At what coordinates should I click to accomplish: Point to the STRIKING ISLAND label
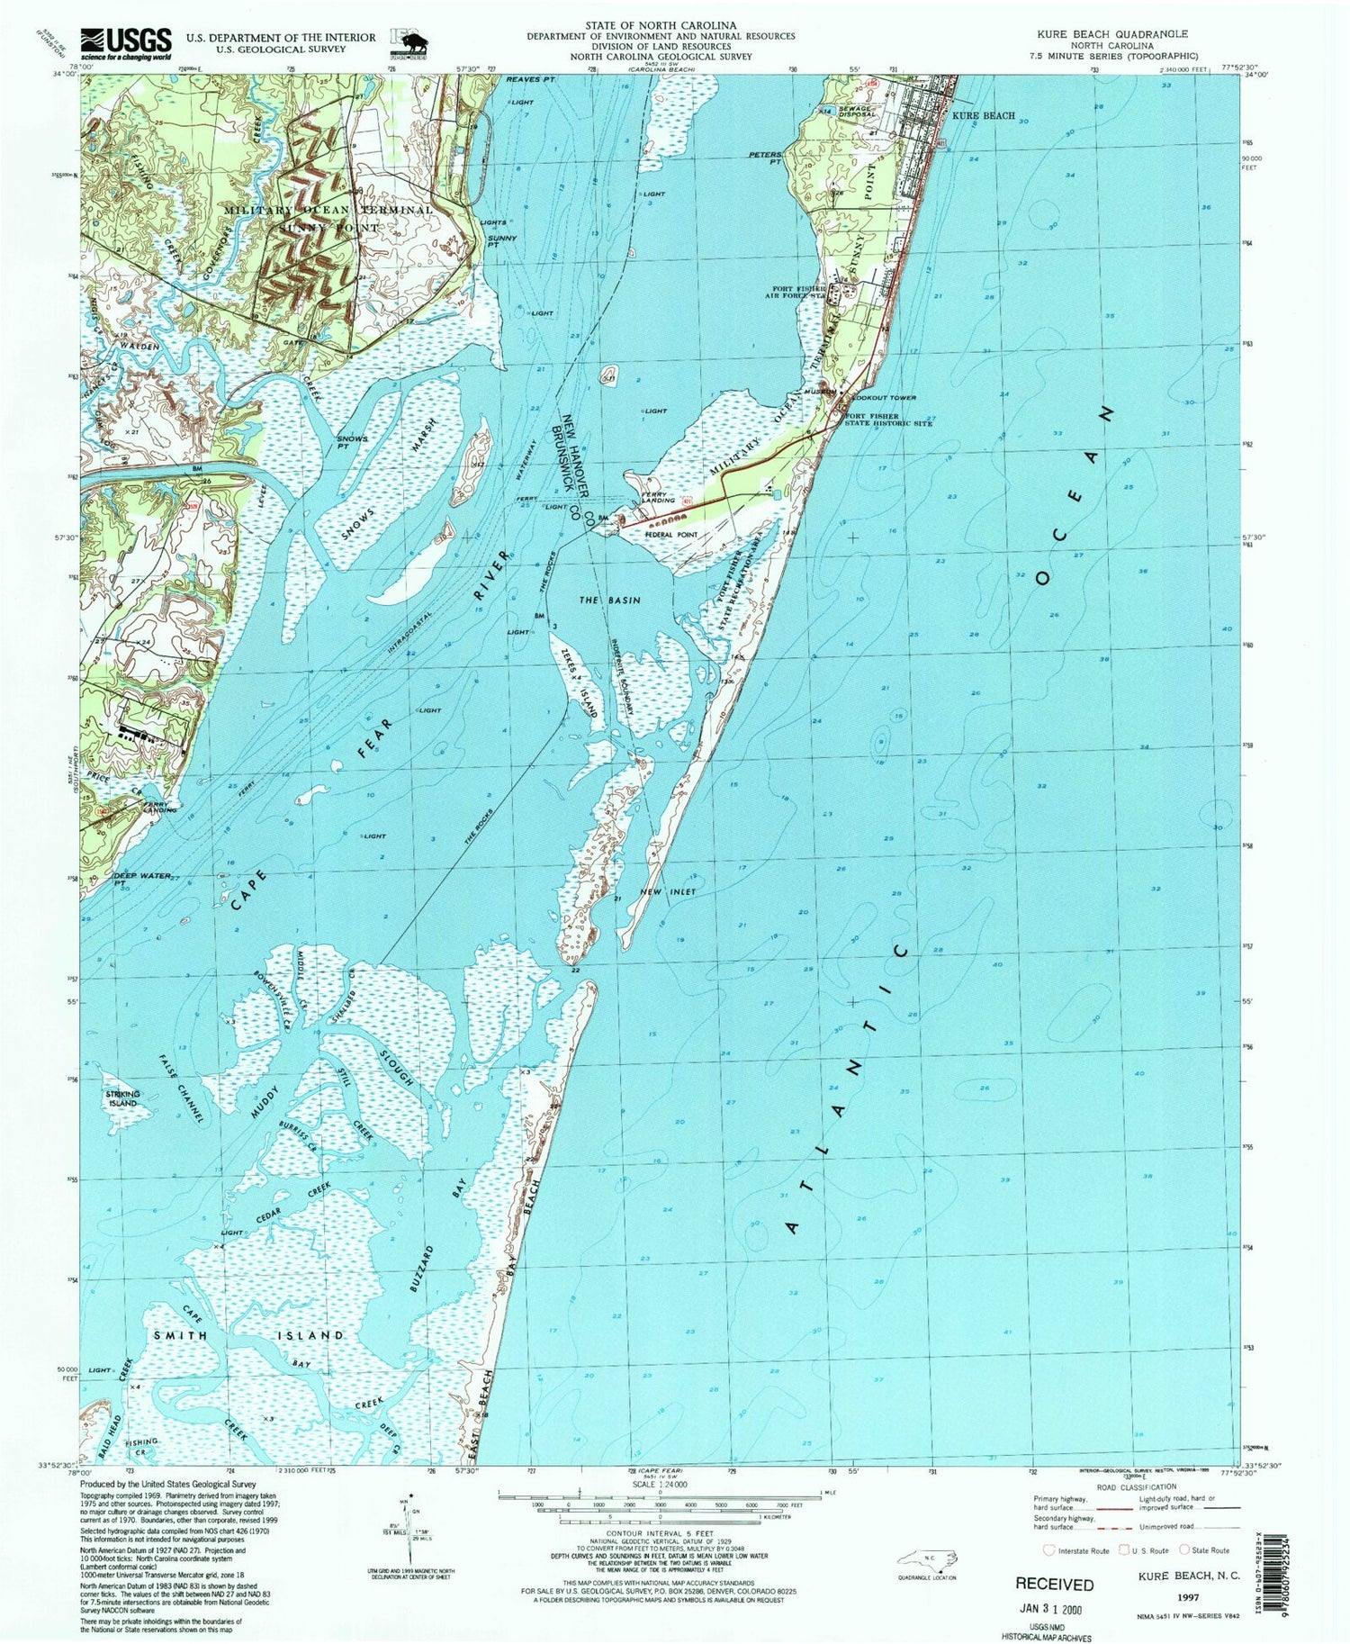click(x=123, y=1098)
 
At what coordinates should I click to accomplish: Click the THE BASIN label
click(x=609, y=600)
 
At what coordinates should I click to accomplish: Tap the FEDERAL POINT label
click(x=671, y=535)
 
